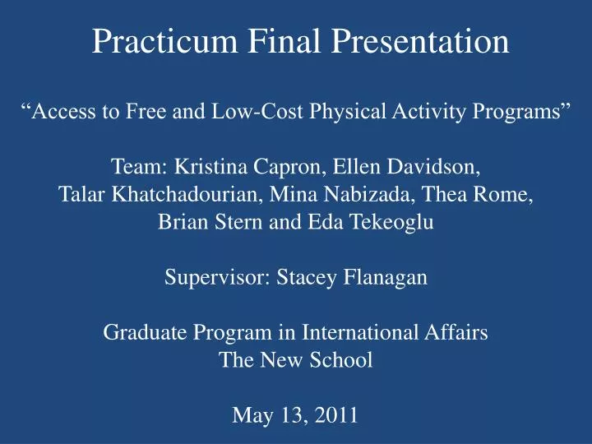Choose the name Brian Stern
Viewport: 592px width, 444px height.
click(x=201, y=222)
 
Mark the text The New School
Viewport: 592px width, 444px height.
click(x=296, y=360)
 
